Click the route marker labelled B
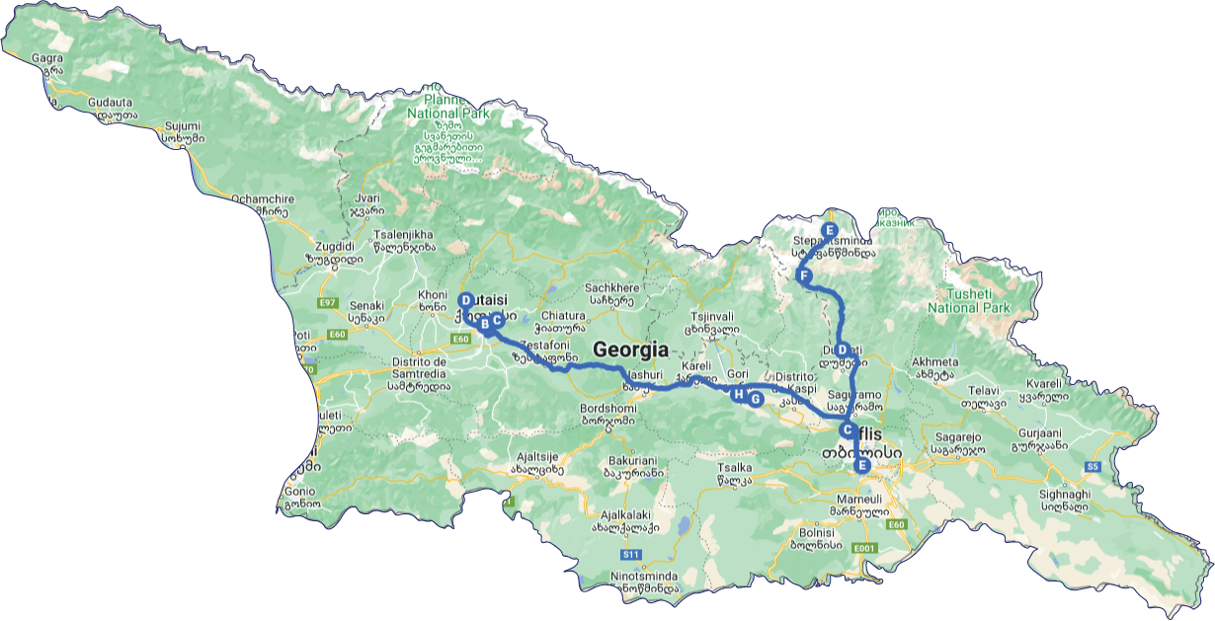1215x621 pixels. (484, 323)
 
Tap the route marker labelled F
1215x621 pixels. (804, 275)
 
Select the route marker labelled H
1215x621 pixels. (738, 394)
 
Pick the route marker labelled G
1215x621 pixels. (755, 399)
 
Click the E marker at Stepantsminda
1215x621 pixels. (830, 230)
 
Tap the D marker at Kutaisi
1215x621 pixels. (465, 300)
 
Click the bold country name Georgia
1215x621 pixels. (630, 349)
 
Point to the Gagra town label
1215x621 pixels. (46, 58)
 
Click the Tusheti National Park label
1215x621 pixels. (968, 301)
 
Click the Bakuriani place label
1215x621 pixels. (629, 460)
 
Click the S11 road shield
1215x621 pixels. (632, 554)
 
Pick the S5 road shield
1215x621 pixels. (1092, 466)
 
